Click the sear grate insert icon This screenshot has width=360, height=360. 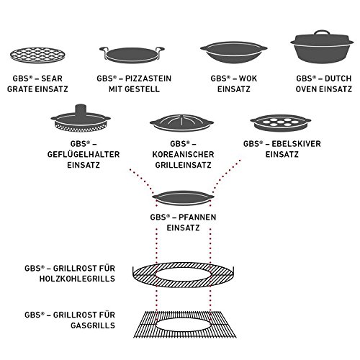(37, 55)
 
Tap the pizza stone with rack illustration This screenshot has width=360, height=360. (132, 55)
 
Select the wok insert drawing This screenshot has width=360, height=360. (233, 53)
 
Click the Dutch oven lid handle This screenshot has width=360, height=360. (322, 33)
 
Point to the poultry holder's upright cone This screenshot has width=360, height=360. (81, 110)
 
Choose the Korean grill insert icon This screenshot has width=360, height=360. (181, 123)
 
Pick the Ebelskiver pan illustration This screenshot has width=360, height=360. (281, 123)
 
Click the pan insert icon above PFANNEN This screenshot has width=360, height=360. (183, 198)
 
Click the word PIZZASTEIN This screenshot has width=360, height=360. (148, 78)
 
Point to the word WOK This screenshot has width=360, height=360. (248, 78)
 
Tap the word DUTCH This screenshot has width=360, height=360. (338, 78)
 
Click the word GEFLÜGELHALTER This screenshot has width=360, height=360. (84, 154)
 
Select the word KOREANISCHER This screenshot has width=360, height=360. (183, 154)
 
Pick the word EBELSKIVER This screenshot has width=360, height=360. (296, 144)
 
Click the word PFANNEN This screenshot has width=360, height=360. (197, 217)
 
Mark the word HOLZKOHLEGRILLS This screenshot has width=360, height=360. (77, 279)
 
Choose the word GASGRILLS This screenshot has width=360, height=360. (93, 325)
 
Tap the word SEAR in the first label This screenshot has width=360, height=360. (52, 78)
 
